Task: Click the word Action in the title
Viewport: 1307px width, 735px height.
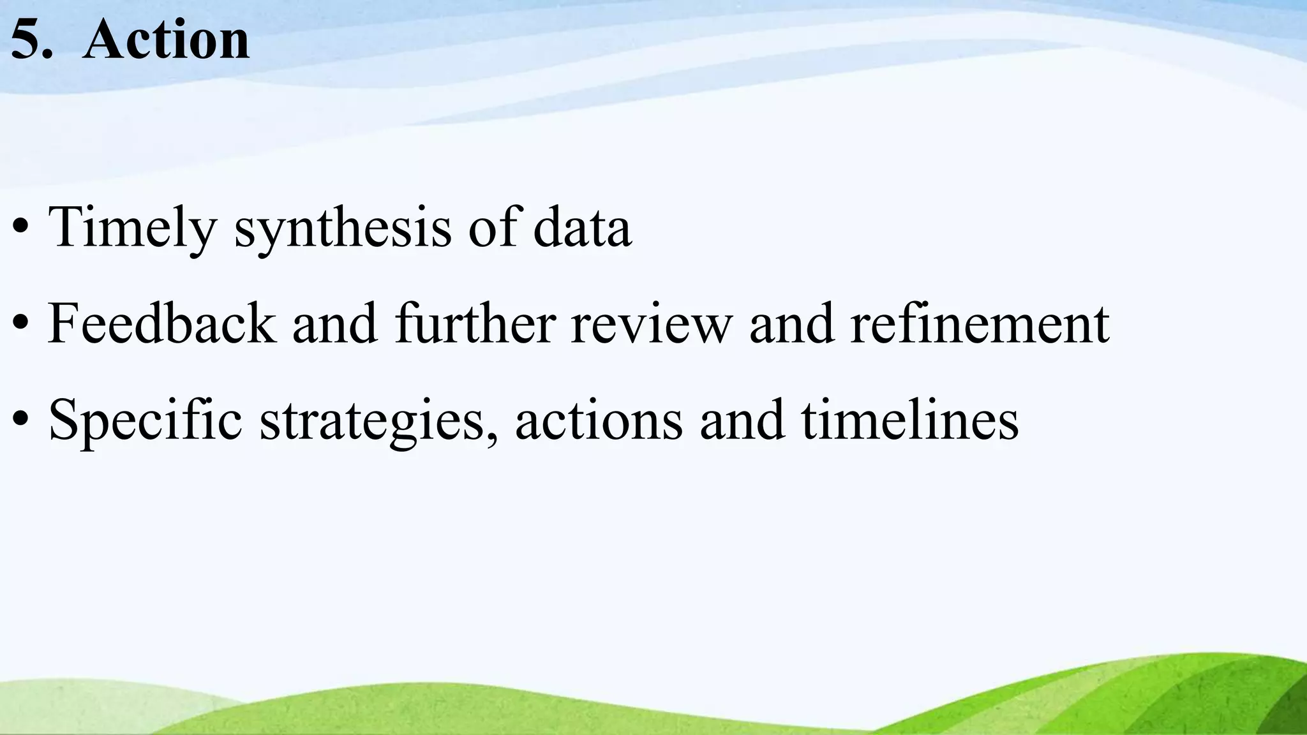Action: click(x=166, y=40)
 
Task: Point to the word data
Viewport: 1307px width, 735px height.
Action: click(x=582, y=227)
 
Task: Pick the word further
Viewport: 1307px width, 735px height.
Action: click(x=475, y=324)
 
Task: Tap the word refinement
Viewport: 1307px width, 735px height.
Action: click(x=980, y=324)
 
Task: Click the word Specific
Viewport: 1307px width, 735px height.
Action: click(x=146, y=421)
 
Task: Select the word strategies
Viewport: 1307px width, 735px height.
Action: click(x=374, y=421)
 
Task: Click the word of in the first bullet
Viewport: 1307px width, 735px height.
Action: click(x=493, y=227)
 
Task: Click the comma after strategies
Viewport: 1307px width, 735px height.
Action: click(x=491, y=438)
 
